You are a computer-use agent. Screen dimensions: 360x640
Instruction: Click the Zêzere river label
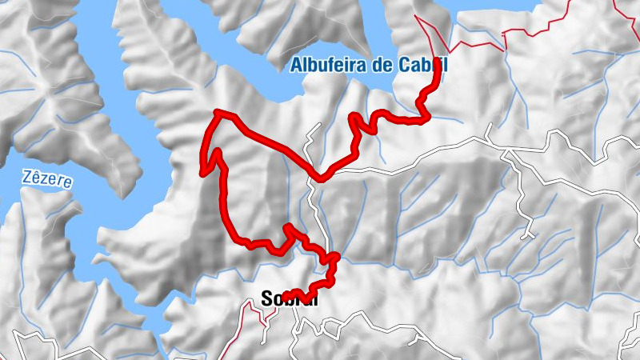[x=46, y=178]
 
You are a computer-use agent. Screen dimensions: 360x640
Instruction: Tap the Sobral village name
[x=290, y=298]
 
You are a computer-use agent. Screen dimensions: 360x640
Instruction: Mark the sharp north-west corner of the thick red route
[x=218, y=114]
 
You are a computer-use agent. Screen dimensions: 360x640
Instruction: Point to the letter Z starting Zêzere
[x=26, y=176]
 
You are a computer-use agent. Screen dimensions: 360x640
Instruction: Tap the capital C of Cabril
[x=403, y=65]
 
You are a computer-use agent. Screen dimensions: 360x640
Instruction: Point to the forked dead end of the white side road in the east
[x=527, y=235]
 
